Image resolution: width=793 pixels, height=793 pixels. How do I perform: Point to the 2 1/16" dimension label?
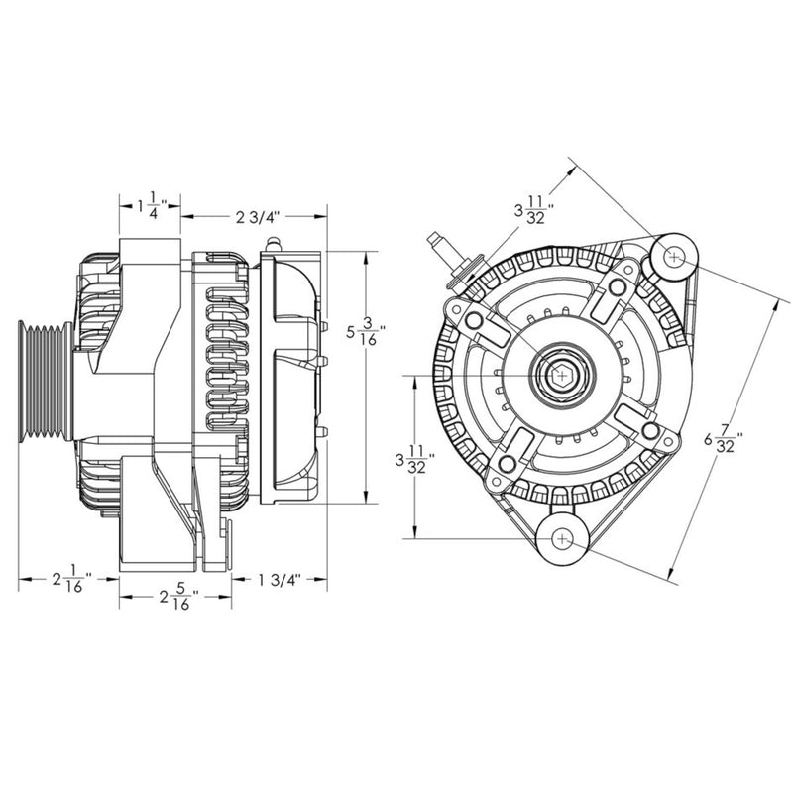point(70,580)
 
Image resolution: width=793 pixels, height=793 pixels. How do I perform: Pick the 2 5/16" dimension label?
point(177,598)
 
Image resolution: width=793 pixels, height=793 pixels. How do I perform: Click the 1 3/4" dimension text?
point(280,579)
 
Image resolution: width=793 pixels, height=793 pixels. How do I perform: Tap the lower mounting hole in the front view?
point(562,539)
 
